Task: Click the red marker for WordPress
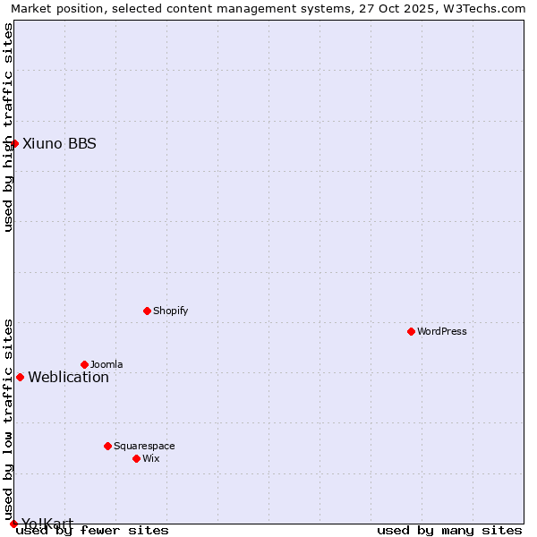tap(411, 331)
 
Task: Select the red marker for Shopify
tap(147, 311)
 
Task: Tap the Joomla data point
tap(84, 364)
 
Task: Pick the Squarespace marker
tap(107, 446)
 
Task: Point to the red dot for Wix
tap(136, 458)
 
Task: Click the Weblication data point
tap(20, 377)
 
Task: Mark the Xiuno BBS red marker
tap(14, 143)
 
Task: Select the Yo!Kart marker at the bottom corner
tap(13, 524)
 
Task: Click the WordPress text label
tap(442, 331)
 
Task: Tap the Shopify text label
tap(170, 311)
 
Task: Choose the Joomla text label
tap(107, 364)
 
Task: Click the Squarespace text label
tap(144, 446)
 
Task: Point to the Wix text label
tap(150, 458)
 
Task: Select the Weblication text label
tap(69, 377)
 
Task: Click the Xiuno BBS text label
tap(59, 143)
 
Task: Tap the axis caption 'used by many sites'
tap(449, 530)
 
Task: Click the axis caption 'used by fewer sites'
tap(92, 530)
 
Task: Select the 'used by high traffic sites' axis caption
tap(8, 127)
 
